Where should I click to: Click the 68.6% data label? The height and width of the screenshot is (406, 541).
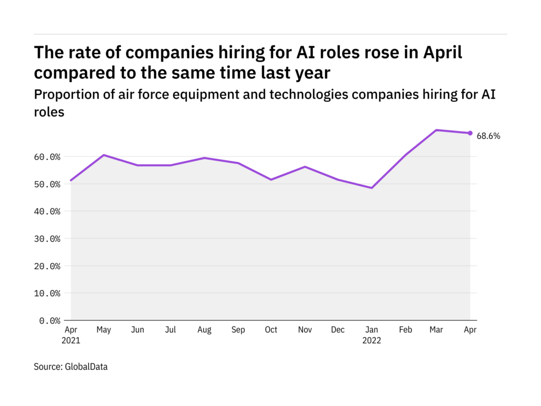coord(488,136)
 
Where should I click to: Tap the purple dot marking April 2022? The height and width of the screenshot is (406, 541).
coord(470,133)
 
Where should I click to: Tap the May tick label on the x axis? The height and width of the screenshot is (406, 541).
coord(104,330)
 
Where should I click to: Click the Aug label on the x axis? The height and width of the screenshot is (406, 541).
coord(204,330)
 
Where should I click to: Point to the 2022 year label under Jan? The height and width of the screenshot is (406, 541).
coord(372,341)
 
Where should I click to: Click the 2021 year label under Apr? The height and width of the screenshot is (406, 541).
coord(71,341)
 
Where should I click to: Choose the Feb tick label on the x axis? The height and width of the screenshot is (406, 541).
coord(405,330)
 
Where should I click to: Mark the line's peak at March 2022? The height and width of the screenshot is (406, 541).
coord(437,130)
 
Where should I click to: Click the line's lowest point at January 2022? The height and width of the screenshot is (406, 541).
coord(372,188)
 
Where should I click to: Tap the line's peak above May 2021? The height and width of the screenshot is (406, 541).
coord(104,155)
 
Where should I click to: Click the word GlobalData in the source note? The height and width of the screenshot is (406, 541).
coord(87,367)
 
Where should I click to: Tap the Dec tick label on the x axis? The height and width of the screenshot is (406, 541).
coord(338,330)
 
